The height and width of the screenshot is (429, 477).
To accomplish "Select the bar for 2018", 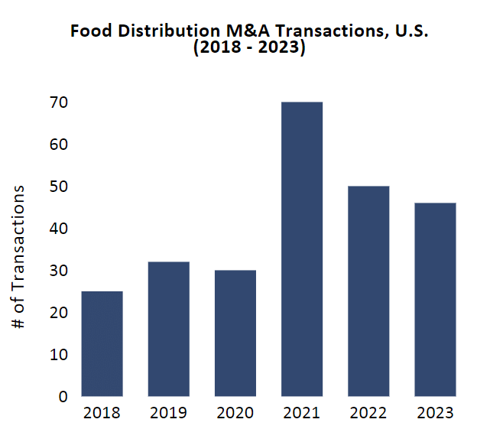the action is tap(102, 344).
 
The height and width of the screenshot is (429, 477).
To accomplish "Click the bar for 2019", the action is tap(168, 329).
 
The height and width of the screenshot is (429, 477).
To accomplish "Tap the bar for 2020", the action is tap(235, 333).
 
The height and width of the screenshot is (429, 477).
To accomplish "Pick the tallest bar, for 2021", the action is tap(302, 249).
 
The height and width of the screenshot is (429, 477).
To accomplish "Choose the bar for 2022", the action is tap(368, 291).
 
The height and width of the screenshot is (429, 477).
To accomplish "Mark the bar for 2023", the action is tap(435, 300).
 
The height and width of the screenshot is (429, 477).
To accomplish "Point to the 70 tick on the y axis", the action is tap(59, 102).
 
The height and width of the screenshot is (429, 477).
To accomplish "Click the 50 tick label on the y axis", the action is tap(59, 187).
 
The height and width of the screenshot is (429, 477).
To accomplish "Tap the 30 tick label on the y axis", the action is tap(59, 271).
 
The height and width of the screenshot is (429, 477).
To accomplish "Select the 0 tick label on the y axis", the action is tap(63, 397).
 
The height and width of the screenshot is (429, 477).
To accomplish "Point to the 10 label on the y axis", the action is tap(59, 355).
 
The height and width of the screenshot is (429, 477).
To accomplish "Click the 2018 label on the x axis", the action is tap(102, 413).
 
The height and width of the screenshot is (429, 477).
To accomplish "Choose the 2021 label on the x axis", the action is tap(301, 413).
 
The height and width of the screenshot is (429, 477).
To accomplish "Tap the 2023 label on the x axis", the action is tap(435, 413).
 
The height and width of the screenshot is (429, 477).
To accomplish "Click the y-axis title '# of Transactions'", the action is tap(18, 257).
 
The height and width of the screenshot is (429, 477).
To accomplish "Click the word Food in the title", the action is tap(91, 31).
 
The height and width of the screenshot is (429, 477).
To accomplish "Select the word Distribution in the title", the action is tap(169, 31).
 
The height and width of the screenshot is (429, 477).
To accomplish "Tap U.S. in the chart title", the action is tap(411, 31).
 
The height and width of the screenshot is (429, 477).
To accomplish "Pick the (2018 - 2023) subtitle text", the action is tap(249, 47).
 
